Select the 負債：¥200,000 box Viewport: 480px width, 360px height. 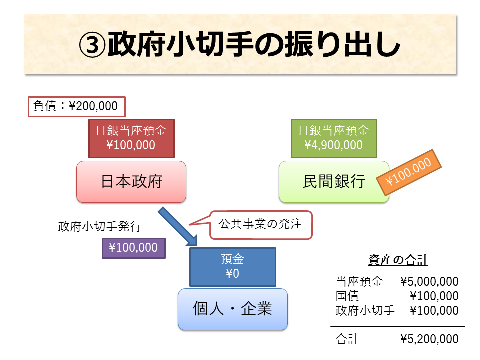coord(76,106)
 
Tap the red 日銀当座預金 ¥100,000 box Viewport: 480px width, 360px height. coord(131,138)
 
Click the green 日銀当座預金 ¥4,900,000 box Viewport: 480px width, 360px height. coord(334,138)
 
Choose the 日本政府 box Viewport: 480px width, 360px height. coord(132,181)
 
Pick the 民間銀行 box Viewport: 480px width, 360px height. coord(334,181)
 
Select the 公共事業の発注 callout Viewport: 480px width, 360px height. coord(261,224)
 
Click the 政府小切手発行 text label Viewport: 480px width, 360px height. coord(100,226)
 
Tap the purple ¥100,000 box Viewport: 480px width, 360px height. coord(133,247)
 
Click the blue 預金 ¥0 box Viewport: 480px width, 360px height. coord(232,267)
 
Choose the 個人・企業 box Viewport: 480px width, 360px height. coord(233,309)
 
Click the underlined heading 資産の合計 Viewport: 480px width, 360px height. coord(398,260)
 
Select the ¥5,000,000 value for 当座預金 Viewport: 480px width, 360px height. coord(429,281)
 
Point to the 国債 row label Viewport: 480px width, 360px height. coord(347,296)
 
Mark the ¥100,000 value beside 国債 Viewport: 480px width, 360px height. coord(434,296)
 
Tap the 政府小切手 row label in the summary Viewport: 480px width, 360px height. coord(365,310)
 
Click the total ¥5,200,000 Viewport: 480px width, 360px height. coord(429,339)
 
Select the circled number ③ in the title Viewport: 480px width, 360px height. coord(93,46)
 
